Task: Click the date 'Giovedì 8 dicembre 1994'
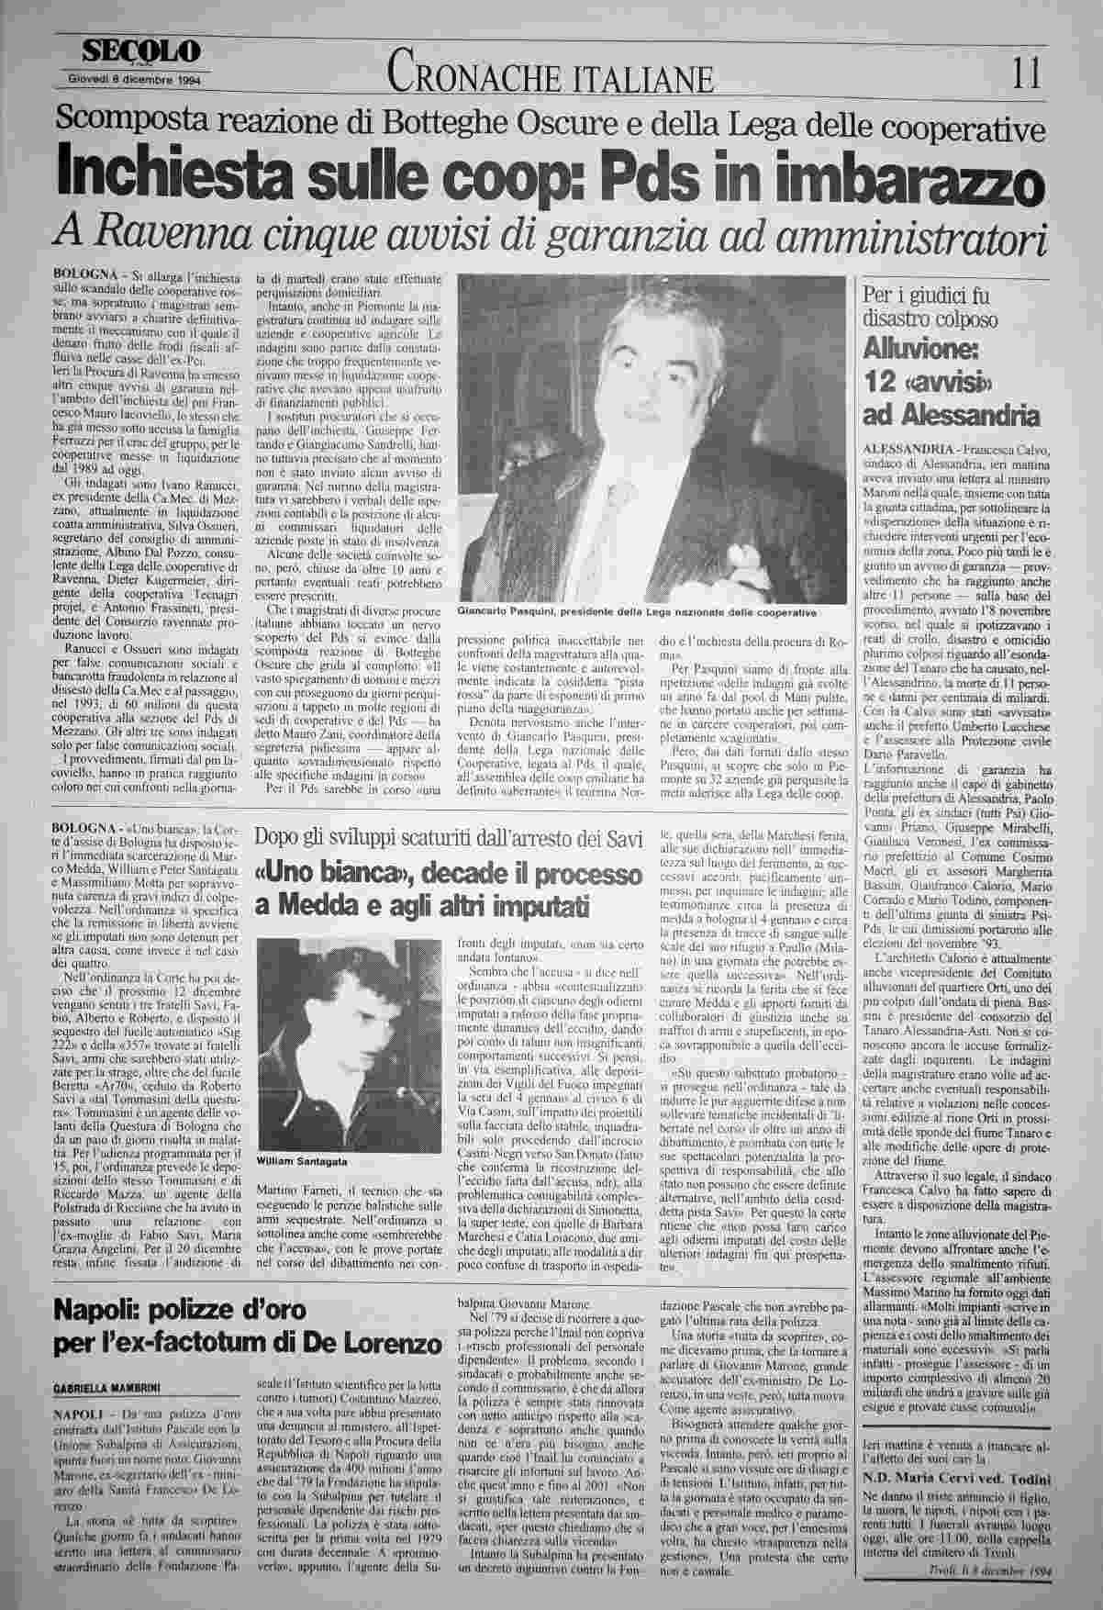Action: tap(136, 79)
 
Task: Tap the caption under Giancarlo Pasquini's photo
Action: tap(637, 611)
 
